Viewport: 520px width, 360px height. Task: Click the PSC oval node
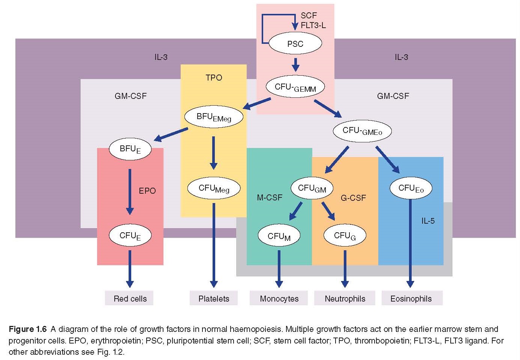point(295,44)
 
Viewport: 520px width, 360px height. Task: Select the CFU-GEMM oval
point(295,87)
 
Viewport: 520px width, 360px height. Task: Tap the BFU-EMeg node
point(214,117)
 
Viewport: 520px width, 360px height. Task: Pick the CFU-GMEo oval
point(362,131)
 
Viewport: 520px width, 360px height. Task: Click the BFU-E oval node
point(130,149)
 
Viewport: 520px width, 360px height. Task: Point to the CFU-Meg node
point(214,188)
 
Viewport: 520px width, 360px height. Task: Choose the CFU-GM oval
point(312,188)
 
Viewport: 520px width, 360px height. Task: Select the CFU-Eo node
point(411,188)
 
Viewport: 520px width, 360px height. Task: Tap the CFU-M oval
point(279,236)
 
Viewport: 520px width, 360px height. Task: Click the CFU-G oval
point(345,236)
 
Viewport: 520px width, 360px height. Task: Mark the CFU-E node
point(130,236)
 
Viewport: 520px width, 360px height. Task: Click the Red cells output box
point(130,299)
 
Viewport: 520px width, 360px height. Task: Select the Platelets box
point(214,299)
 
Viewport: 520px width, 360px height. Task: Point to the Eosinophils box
point(411,299)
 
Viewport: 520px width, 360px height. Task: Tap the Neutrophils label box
point(345,299)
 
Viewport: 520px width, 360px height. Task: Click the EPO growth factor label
point(147,191)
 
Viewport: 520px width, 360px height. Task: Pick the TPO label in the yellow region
point(214,78)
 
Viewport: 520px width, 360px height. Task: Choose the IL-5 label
point(428,221)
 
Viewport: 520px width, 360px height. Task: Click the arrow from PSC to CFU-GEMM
point(295,64)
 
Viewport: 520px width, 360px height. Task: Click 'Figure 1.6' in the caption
point(27,329)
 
